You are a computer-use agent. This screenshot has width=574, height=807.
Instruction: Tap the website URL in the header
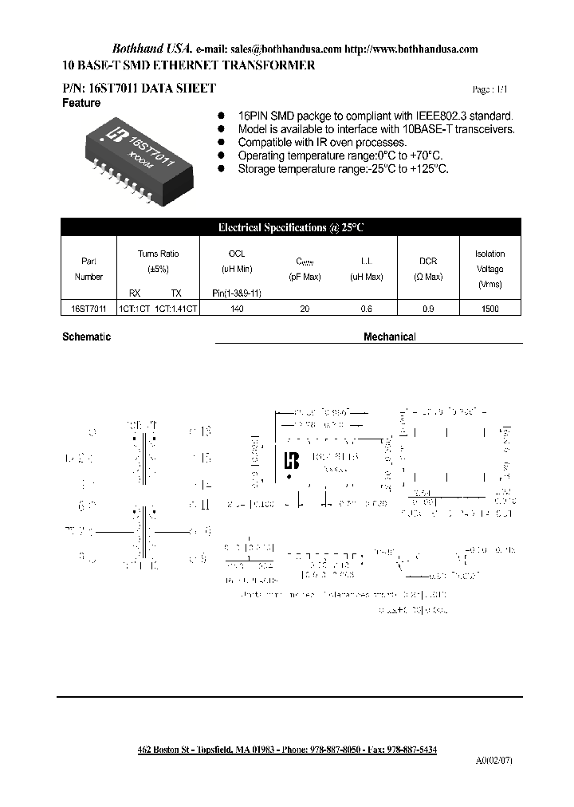click(414, 49)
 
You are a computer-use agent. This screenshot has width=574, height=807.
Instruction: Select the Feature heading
click(81, 104)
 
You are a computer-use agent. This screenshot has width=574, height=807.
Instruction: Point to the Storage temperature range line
click(343, 169)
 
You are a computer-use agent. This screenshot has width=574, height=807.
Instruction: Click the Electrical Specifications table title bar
click(291, 228)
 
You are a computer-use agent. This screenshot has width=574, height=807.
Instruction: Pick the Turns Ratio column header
click(159, 254)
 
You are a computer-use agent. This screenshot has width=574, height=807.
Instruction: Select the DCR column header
click(429, 261)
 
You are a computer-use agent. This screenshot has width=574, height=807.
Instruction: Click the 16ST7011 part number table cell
click(88, 309)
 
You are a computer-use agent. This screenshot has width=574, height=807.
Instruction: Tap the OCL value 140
click(237, 309)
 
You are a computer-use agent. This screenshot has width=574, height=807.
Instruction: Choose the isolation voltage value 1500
click(490, 309)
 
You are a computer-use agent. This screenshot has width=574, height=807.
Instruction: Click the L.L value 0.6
click(366, 309)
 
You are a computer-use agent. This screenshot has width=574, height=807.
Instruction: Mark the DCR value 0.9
click(429, 309)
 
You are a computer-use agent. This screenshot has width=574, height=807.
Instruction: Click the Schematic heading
click(86, 337)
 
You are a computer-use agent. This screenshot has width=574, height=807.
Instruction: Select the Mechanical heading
click(390, 337)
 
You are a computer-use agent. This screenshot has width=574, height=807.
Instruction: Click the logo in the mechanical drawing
click(292, 461)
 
